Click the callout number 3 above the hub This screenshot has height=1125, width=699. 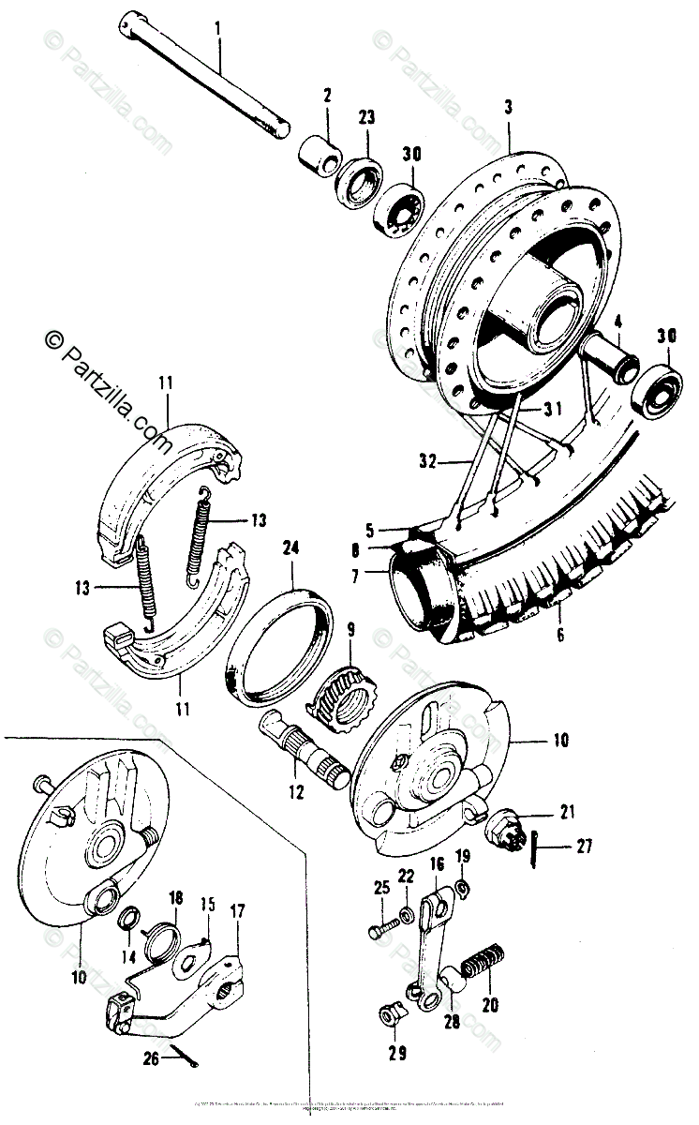pyautogui.click(x=508, y=108)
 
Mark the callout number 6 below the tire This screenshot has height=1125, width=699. pyautogui.click(x=558, y=635)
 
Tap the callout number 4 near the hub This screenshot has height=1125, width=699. pyautogui.click(x=617, y=327)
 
